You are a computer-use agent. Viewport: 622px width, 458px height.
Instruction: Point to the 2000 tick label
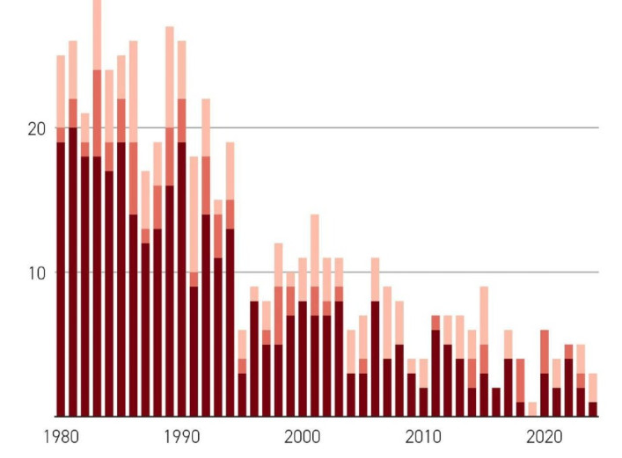pos(302,437)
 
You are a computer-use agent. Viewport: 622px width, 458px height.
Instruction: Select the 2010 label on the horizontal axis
pos(422,437)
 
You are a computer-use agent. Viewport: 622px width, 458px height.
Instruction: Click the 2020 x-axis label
pos(544,437)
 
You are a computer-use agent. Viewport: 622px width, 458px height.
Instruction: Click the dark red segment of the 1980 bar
pos(61,281)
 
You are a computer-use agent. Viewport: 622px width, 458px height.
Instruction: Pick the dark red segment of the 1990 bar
pos(181,281)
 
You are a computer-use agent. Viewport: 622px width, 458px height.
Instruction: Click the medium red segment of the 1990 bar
pos(181,120)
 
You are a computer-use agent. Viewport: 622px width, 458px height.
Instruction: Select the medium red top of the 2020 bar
pos(545,352)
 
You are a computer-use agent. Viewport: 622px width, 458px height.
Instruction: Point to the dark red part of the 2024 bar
pos(593,409)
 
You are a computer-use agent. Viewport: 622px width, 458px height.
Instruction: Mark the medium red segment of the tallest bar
pos(97,113)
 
